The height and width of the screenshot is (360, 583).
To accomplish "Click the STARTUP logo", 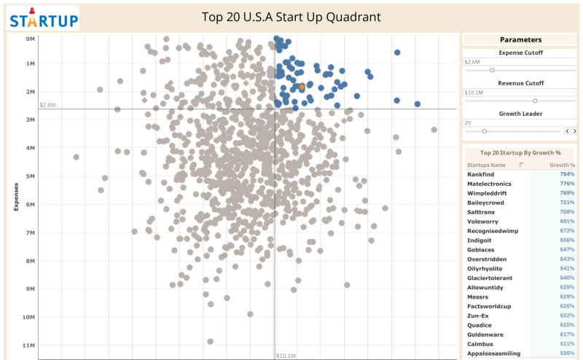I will pos(44,18).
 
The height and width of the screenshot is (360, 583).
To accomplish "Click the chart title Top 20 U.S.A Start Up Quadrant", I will pos(291,17).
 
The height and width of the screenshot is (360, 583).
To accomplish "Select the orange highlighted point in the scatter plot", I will pos(302,87).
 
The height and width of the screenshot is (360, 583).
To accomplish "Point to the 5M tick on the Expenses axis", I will pos(31,176).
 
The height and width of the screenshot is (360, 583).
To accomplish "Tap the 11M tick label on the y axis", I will pos(29,345).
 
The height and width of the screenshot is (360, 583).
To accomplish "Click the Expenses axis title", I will pos(16,197).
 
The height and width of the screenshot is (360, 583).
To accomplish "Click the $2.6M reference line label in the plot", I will pos(47,105).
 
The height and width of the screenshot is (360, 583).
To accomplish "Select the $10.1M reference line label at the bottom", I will pos(286,356).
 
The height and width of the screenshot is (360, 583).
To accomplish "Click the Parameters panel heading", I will pos(520,39).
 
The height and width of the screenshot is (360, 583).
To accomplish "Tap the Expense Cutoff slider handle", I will pos(492,70).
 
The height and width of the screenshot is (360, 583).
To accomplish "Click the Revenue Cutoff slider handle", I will pos(535,101).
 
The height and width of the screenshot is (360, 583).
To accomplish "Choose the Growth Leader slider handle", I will pos(485,131).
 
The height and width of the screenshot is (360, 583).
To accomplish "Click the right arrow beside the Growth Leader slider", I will pos(575,131).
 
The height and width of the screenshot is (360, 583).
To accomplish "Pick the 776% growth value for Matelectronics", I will pos(567,184).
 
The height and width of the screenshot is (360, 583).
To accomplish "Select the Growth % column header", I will pos(562,165).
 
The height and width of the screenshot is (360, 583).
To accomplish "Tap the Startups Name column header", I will pos(488,165).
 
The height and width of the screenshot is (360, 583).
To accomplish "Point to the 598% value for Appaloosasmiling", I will pos(567,353).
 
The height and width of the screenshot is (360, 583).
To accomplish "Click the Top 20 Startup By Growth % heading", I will pos(520,153).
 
